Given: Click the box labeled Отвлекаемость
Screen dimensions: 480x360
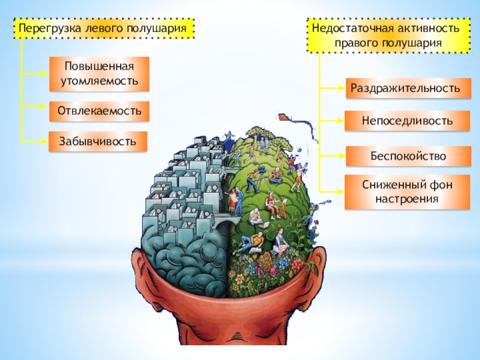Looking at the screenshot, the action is pyautogui.click(x=99, y=111).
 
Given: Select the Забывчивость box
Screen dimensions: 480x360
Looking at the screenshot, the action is pyautogui.click(x=98, y=141).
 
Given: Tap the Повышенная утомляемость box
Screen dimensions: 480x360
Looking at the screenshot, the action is pyautogui.click(x=99, y=74).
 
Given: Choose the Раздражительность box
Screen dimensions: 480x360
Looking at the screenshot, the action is pyautogui.click(x=407, y=88).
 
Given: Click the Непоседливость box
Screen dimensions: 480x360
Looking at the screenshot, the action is pyautogui.click(x=407, y=121).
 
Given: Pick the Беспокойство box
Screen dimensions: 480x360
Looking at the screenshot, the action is pyautogui.click(x=407, y=156).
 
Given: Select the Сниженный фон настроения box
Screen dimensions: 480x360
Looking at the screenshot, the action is pyautogui.click(x=407, y=191).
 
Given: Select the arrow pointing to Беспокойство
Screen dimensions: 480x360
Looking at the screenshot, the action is pyautogui.click(x=333, y=156).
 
